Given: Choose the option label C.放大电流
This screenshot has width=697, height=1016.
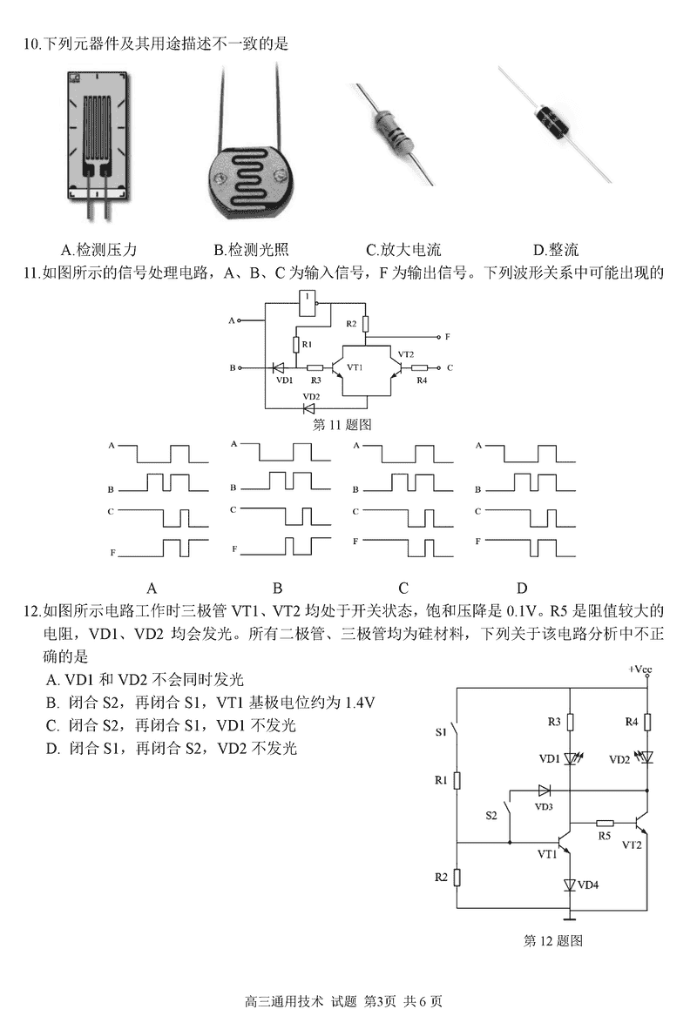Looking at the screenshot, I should [403, 250].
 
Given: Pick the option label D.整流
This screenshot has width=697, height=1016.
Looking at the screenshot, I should [556, 250].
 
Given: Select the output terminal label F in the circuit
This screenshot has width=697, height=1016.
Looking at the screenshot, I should [447, 336].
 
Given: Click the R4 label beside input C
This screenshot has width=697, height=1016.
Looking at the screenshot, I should [422, 380].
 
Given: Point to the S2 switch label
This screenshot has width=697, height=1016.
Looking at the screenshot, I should [491, 816].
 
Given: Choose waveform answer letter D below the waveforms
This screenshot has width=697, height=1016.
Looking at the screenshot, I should [522, 588].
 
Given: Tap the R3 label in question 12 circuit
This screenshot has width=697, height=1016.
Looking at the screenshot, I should [554, 722].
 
